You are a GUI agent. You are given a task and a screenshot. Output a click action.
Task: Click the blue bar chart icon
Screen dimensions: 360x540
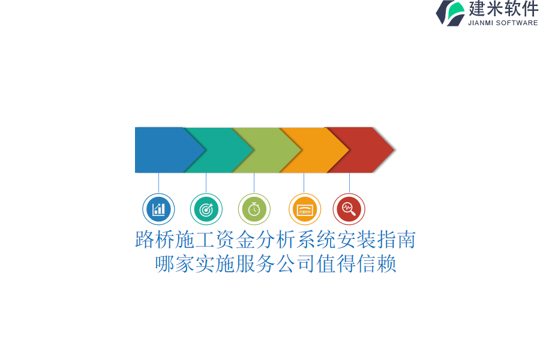158,209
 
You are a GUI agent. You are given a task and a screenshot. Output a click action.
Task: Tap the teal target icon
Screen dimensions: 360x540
206,209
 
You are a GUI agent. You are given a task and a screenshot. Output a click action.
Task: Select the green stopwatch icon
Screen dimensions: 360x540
254,209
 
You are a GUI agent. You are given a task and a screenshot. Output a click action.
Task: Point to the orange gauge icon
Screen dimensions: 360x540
305,209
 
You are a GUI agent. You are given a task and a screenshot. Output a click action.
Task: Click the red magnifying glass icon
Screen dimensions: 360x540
349,209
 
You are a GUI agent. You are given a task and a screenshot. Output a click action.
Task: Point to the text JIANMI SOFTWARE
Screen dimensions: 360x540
503,23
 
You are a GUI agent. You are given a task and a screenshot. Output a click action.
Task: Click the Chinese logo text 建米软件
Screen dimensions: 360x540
503,9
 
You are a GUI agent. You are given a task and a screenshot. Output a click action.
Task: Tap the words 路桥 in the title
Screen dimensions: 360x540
155,239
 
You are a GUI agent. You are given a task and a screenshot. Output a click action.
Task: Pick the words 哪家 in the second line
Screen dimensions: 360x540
175,264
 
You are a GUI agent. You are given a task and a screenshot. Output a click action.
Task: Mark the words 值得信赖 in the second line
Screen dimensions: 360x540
356,264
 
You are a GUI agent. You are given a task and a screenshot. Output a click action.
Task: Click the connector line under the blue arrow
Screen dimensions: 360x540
158,183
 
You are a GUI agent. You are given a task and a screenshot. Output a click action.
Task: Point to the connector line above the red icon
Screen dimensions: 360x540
349,183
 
